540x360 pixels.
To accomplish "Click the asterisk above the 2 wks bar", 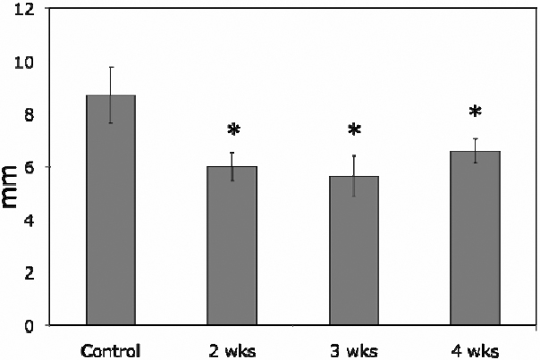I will pyautogui.click(x=233, y=130).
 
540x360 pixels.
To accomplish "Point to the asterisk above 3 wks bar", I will pyautogui.click(x=354, y=130).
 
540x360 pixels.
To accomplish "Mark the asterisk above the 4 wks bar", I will pyautogui.click(x=475, y=113).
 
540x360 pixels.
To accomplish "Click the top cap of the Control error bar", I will pyautogui.click(x=111, y=67).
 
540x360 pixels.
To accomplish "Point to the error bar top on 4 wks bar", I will pyautogui.click(x=475, y=138).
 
